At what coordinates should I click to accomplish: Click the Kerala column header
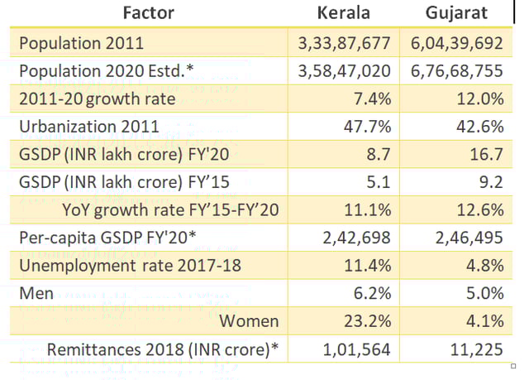point(345,13)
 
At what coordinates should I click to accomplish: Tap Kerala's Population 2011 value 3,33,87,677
point(345,43)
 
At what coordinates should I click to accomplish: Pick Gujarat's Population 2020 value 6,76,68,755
point(456,70)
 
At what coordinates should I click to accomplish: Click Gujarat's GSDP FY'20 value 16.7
point(487,154)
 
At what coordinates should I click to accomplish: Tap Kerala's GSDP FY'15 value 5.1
point(379,182)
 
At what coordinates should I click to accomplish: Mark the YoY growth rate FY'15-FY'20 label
point(170,210)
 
